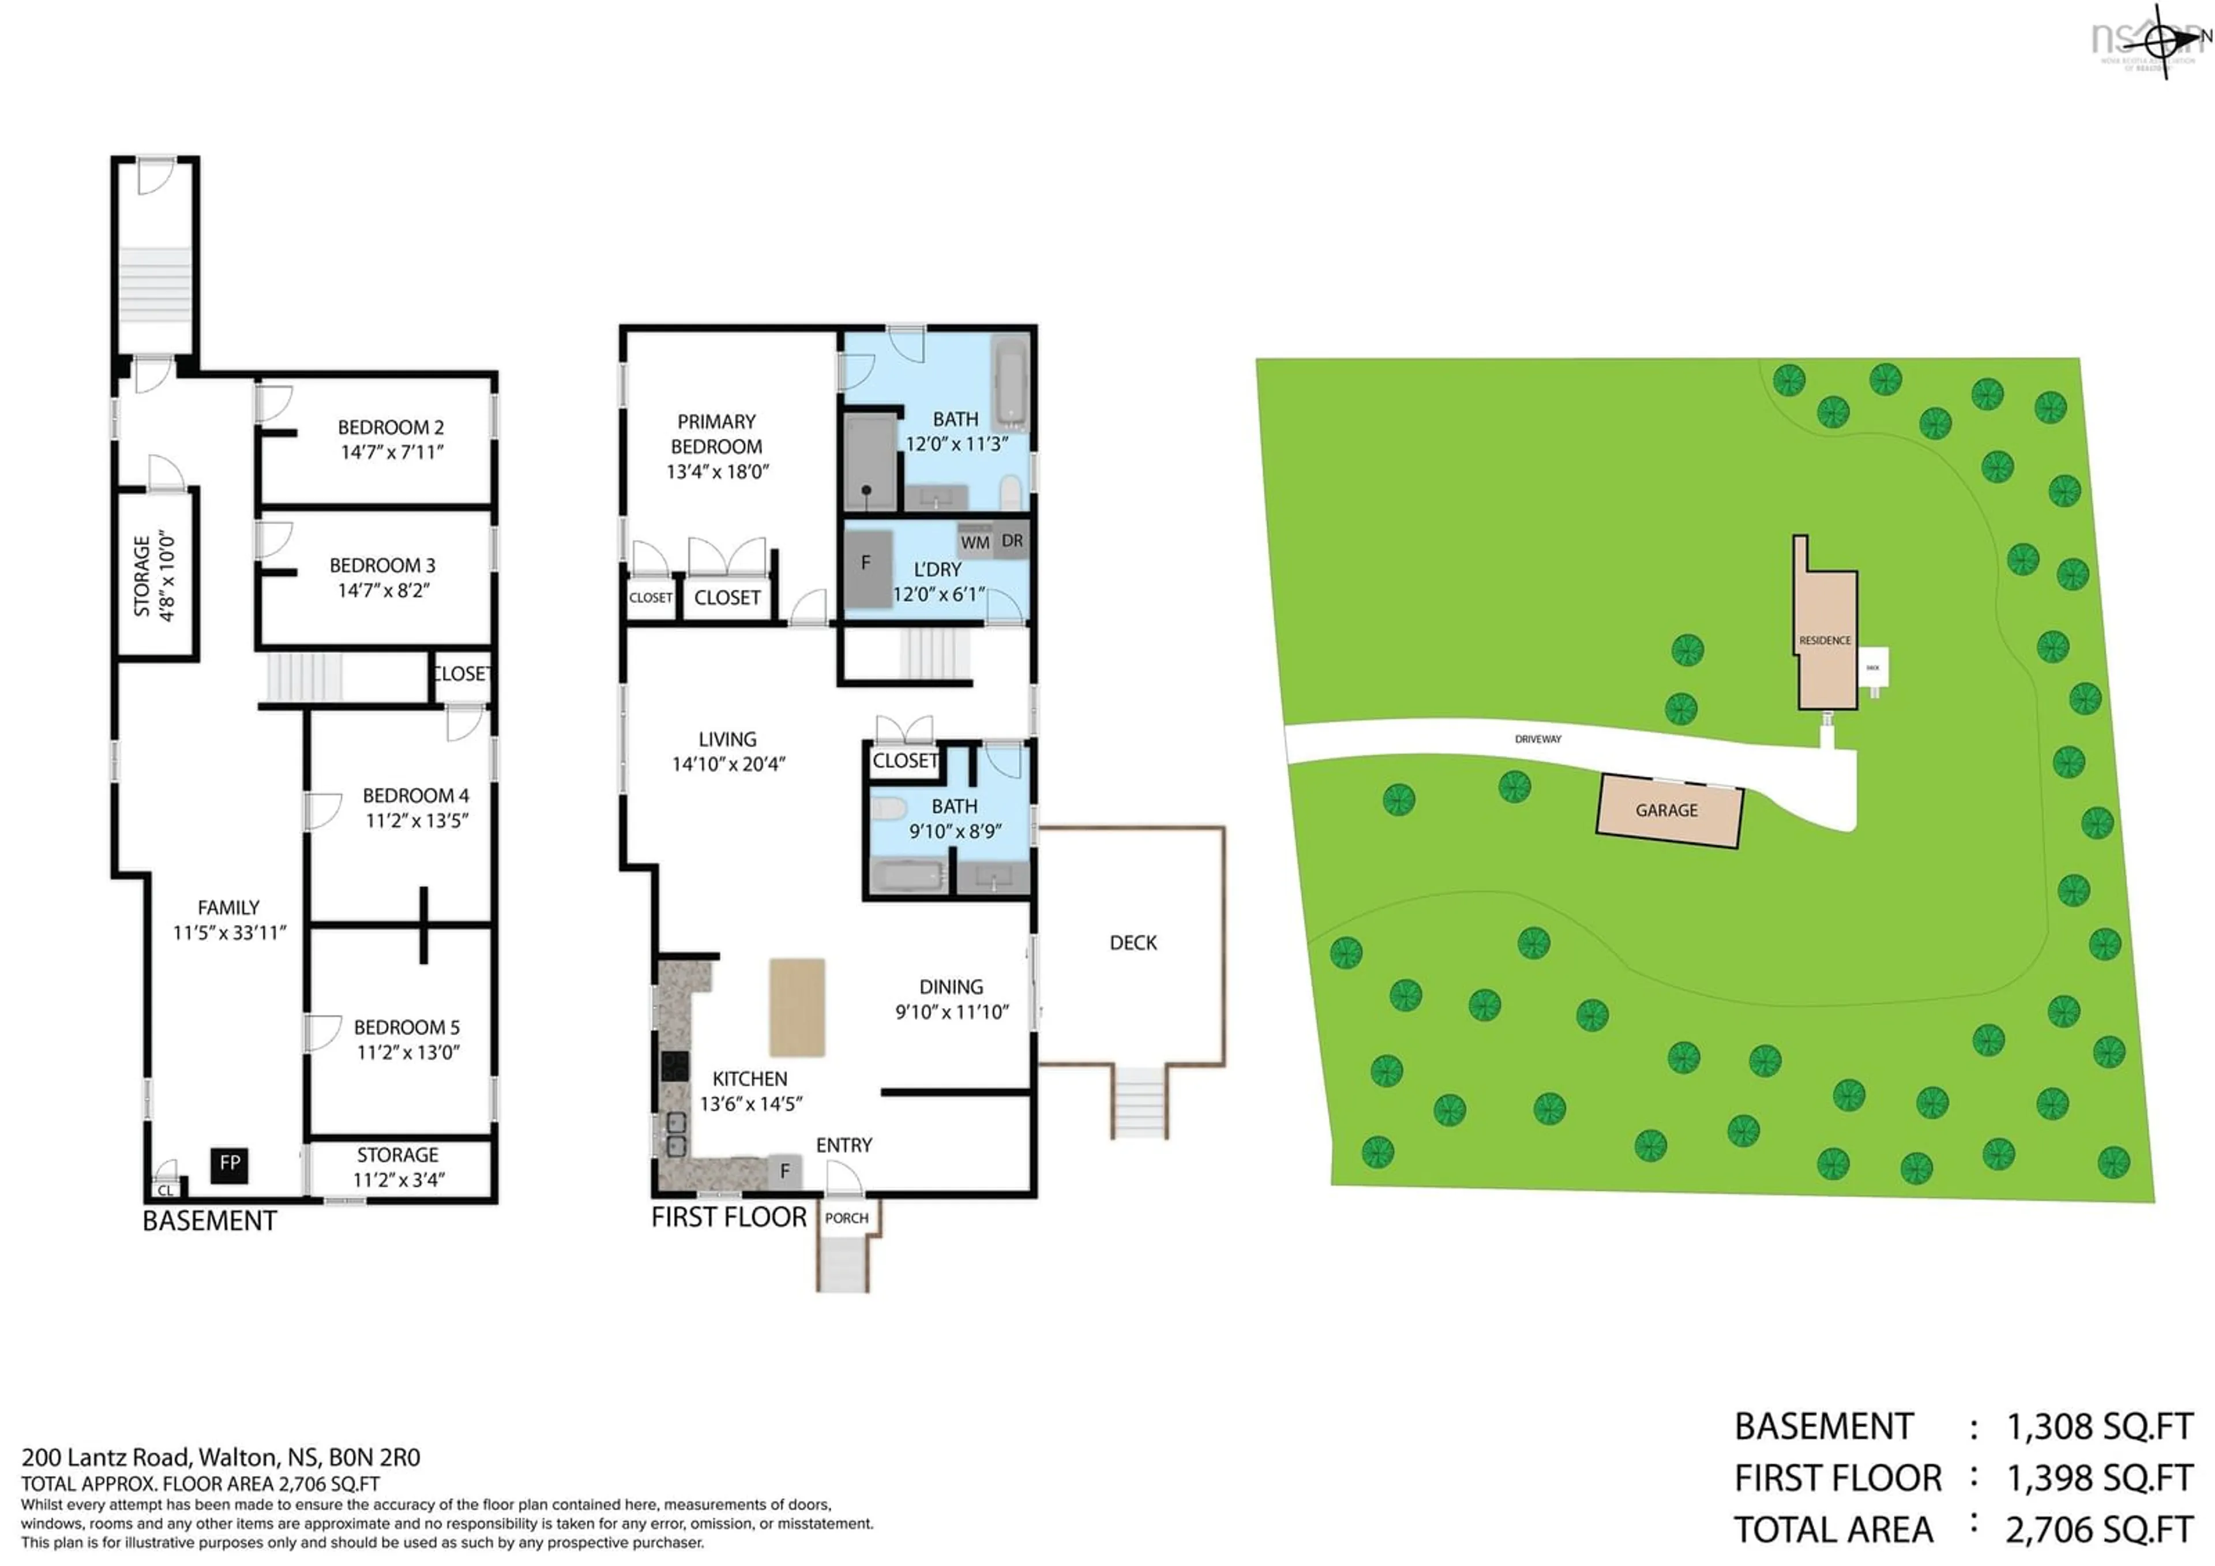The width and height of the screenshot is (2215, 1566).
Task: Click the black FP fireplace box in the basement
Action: tap(230, 1164)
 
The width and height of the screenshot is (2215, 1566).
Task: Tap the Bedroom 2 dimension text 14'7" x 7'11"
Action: tap(392, 452)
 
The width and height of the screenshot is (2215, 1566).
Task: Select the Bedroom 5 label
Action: tap(406, 1028)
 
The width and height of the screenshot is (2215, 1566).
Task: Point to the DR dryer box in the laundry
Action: tap(1012, 540)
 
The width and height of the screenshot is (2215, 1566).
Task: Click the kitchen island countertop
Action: tap(797, 1007)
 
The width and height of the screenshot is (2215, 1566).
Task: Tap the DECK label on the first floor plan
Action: tap(1132, 943)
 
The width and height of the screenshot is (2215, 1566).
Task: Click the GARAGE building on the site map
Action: tap(1668, 811)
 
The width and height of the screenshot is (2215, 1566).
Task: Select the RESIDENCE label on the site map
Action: tap(1824, 640)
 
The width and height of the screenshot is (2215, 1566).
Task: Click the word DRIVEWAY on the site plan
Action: tap(1538, 739)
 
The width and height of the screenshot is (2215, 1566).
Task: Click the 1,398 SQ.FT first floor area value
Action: tap(2099, 1478)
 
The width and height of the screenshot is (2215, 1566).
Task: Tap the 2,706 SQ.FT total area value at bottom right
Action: tap(2099, 1530)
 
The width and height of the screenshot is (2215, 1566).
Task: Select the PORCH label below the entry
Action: tap(846, 1219)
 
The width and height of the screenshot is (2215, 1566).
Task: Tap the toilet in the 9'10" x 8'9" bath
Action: tap(888, 807)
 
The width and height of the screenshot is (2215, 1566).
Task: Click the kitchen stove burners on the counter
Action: tap(674, 1065)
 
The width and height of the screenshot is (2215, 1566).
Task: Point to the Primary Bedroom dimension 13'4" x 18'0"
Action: tap(717, 472)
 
